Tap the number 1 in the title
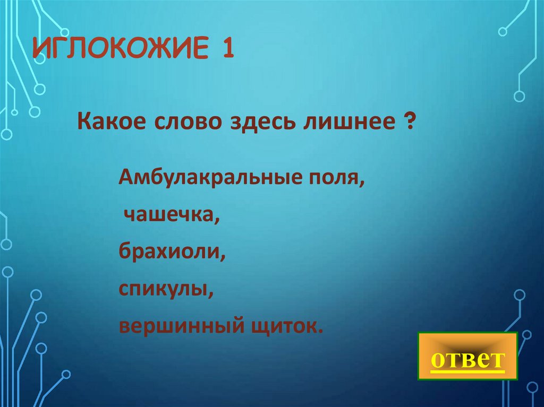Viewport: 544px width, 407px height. [x=227, y=50]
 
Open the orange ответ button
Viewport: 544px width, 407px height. [x=467, y=356]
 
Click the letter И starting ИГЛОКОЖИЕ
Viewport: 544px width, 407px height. [x=39, y=50]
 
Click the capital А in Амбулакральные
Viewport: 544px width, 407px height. [x=125, y=177]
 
